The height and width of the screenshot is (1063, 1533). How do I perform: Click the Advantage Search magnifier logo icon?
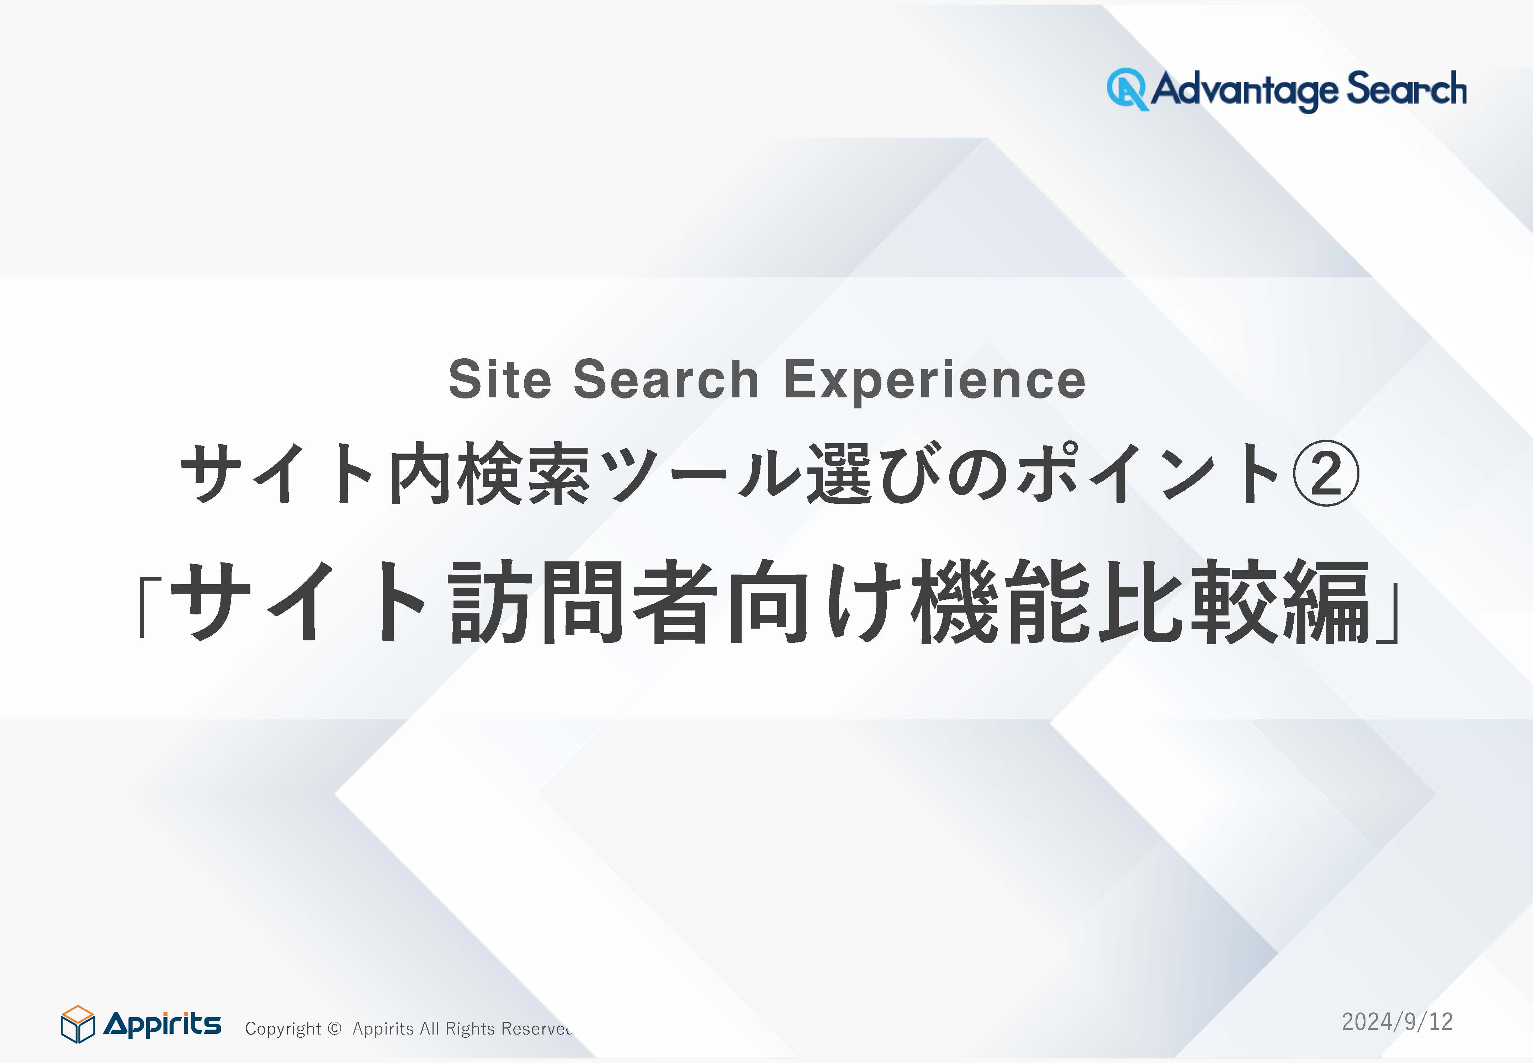point(1128,89)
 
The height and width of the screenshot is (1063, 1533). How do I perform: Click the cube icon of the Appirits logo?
point(78,1024)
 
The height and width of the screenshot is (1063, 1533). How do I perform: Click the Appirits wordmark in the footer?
point(163,1024)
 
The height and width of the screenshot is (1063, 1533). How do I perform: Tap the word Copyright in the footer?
point(283,1029)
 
